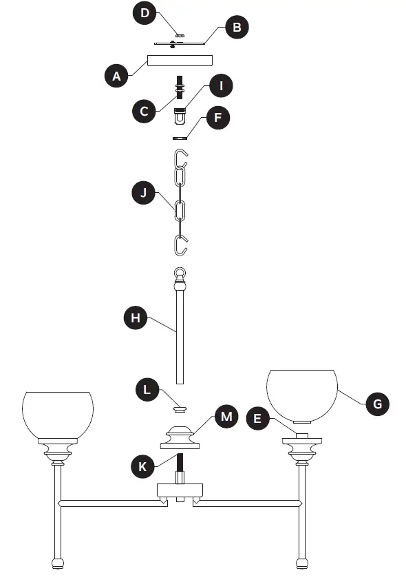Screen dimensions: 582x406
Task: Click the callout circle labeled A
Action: pyautogui.click(x=117, y=75)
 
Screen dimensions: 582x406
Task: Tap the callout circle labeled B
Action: pyautogui.click(x=237, y=28)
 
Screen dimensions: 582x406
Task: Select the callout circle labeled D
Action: pyautogui.click(x=145, y=14)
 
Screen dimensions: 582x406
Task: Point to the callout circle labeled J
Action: pyautogui.click(x=144, y=194)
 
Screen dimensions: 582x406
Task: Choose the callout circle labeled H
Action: pyautogui.click(x=136, y=318)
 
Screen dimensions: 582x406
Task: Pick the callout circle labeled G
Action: pyautogui.click(x=376, y=404)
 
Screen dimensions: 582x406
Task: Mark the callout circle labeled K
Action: pyautogui.click(x=144, y=466)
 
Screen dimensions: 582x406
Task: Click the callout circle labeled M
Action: pyautogui.click(x=226, y=416)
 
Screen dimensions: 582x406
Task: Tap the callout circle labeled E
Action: pyautogui.click(x=257, y=418)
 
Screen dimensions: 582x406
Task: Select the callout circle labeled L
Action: pyautogui.click(x=147, y=390)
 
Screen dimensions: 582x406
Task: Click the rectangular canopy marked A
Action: pyautogui.click(x=179, y=60)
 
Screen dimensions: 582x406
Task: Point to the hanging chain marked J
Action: pyautogui.click(x=180, y=204)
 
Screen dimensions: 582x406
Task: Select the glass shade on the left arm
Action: pyautogui.click(x=58, y=414)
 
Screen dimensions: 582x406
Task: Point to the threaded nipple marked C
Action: pyautogui.click(x=180, y=89)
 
